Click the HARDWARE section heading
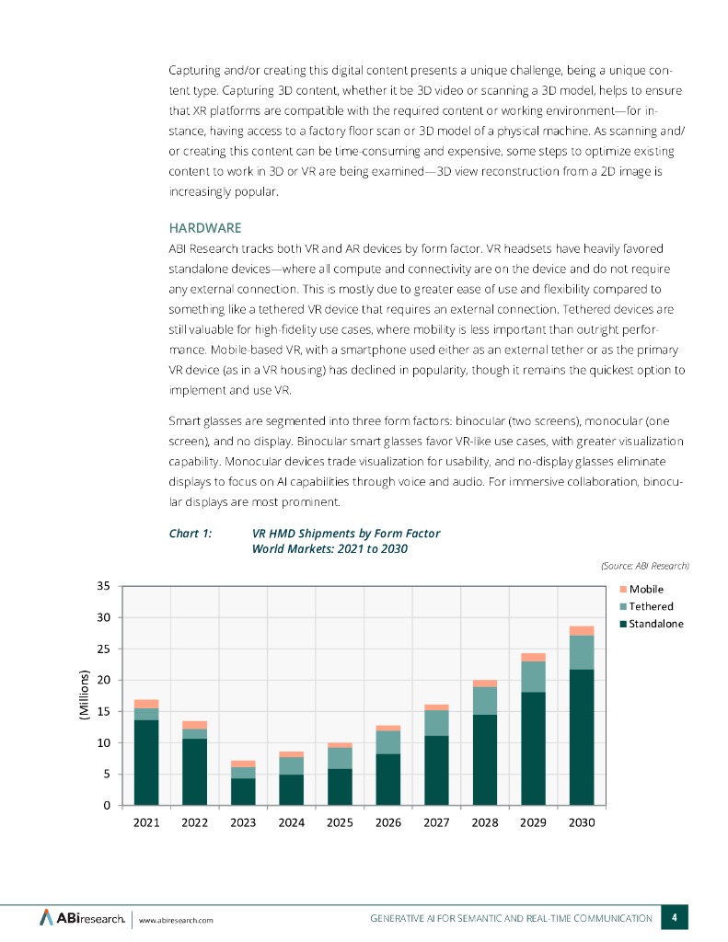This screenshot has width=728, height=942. (x=204, y=227)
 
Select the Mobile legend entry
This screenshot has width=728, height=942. (x=646, y=589)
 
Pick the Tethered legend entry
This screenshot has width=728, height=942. (x=651, y=606)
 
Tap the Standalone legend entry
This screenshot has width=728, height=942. (x=655, y=624)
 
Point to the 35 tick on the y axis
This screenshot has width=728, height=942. (x=103, y=586)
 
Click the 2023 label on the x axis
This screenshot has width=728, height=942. (x=243, y=822)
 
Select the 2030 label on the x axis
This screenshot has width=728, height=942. (x=582, y=822)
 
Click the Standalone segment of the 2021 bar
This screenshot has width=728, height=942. (x=146, y=763)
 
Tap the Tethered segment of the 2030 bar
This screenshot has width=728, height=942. (x=582, y=652)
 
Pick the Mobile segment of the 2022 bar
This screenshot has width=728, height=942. (x=194, y=725)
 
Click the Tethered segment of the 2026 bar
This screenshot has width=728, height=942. (x=388, y=742)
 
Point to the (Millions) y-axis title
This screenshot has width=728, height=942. (x=83, y=696)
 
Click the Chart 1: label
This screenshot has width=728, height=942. (x=191, y=534)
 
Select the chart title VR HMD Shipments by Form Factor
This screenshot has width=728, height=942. (x=345, y=534)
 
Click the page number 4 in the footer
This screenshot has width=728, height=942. (x=675, y=917)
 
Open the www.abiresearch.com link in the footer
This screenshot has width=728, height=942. (x=176, y=919)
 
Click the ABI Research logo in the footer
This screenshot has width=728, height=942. (x=82, y=917)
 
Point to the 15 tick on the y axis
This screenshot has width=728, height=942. (x=103, y=711)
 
